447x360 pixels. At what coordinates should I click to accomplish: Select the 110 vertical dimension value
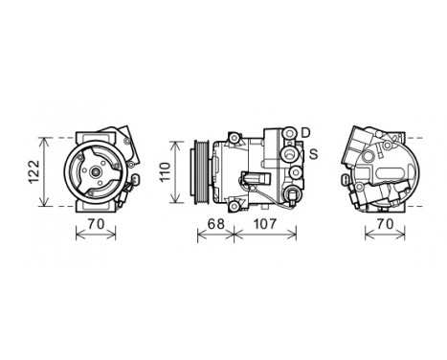click(164, 172)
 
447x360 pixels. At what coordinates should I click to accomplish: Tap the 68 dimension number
click(216, 224)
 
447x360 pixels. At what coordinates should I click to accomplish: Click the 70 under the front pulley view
click(93, 224)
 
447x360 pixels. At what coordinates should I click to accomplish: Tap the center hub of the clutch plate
click(92, 173)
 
